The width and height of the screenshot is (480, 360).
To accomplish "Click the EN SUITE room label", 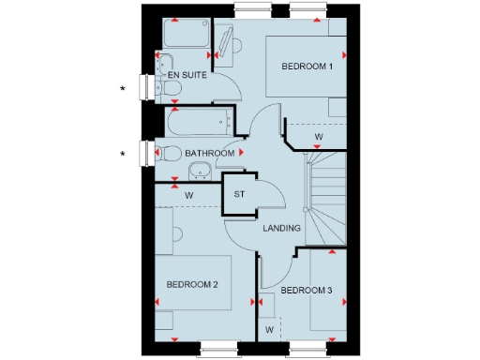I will (187, 73).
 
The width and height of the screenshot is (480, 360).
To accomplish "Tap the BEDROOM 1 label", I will (307, 67).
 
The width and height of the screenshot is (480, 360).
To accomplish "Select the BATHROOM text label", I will (209, 153).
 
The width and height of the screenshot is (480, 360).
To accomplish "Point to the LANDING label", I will (281, 228).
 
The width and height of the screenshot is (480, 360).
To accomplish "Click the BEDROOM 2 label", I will (192, 284).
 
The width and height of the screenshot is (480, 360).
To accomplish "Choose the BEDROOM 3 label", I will (307, 291).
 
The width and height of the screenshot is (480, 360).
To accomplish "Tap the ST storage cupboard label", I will (239, 194).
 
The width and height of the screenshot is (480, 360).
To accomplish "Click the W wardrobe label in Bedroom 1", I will (319, 138).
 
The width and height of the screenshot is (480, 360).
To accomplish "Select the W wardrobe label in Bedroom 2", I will (188, 195).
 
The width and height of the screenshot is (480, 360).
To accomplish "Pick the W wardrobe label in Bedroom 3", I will (269, 330).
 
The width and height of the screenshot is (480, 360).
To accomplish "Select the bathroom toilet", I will (169, 153).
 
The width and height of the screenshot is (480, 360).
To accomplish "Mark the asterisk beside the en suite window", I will (122, 89).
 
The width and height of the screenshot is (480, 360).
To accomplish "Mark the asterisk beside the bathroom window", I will (122, 153).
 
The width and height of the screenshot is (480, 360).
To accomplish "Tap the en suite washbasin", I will (228, 41).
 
